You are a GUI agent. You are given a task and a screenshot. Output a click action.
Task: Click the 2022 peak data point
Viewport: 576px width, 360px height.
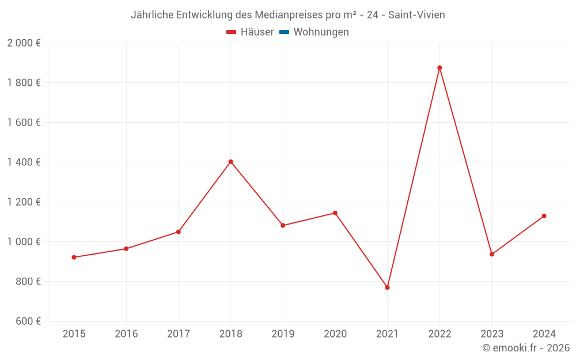(439, 68)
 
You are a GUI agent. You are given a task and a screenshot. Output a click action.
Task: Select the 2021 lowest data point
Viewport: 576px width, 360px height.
(387, 287)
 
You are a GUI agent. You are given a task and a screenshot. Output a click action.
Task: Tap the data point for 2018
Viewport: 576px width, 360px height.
(230, 162)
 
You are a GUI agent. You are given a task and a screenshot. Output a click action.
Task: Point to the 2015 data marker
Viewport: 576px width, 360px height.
(74, 257)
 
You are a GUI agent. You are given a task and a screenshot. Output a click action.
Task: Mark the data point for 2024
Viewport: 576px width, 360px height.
(544, 216)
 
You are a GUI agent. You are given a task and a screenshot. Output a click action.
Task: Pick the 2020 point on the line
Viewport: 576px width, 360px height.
(335, 213)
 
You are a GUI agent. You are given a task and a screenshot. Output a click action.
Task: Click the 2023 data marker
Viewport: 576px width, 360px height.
(491, 255)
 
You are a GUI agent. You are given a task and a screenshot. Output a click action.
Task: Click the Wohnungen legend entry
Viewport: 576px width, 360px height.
(321, 32)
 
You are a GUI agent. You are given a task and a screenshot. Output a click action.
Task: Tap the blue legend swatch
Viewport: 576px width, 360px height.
(284, 32)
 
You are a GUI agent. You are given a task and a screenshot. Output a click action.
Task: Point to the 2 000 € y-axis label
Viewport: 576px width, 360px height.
(24, 43)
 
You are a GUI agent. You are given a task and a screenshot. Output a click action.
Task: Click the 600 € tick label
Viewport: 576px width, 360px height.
(27, 321)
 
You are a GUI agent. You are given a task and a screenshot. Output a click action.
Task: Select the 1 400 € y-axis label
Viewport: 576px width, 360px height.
(24, 162)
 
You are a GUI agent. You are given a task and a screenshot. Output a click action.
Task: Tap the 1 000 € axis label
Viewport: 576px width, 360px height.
(24, 242)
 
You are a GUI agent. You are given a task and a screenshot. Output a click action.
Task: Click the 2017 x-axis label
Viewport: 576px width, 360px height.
(178, 334)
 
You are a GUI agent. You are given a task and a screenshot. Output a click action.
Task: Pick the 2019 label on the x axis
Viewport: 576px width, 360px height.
(283, 334)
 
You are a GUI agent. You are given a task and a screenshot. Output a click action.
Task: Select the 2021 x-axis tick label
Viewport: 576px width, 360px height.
(387, 334)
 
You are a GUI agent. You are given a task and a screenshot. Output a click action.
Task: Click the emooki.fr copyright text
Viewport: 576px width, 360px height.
(526, 348)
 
